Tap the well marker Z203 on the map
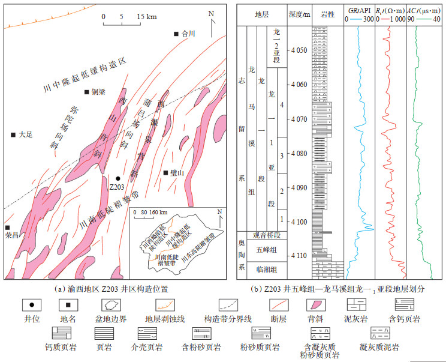point(118,178)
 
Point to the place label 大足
point(24,134)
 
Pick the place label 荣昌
point(11,235)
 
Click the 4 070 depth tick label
point(297,119)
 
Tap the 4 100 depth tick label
point(297,222)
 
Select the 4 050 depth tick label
point(297,50)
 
